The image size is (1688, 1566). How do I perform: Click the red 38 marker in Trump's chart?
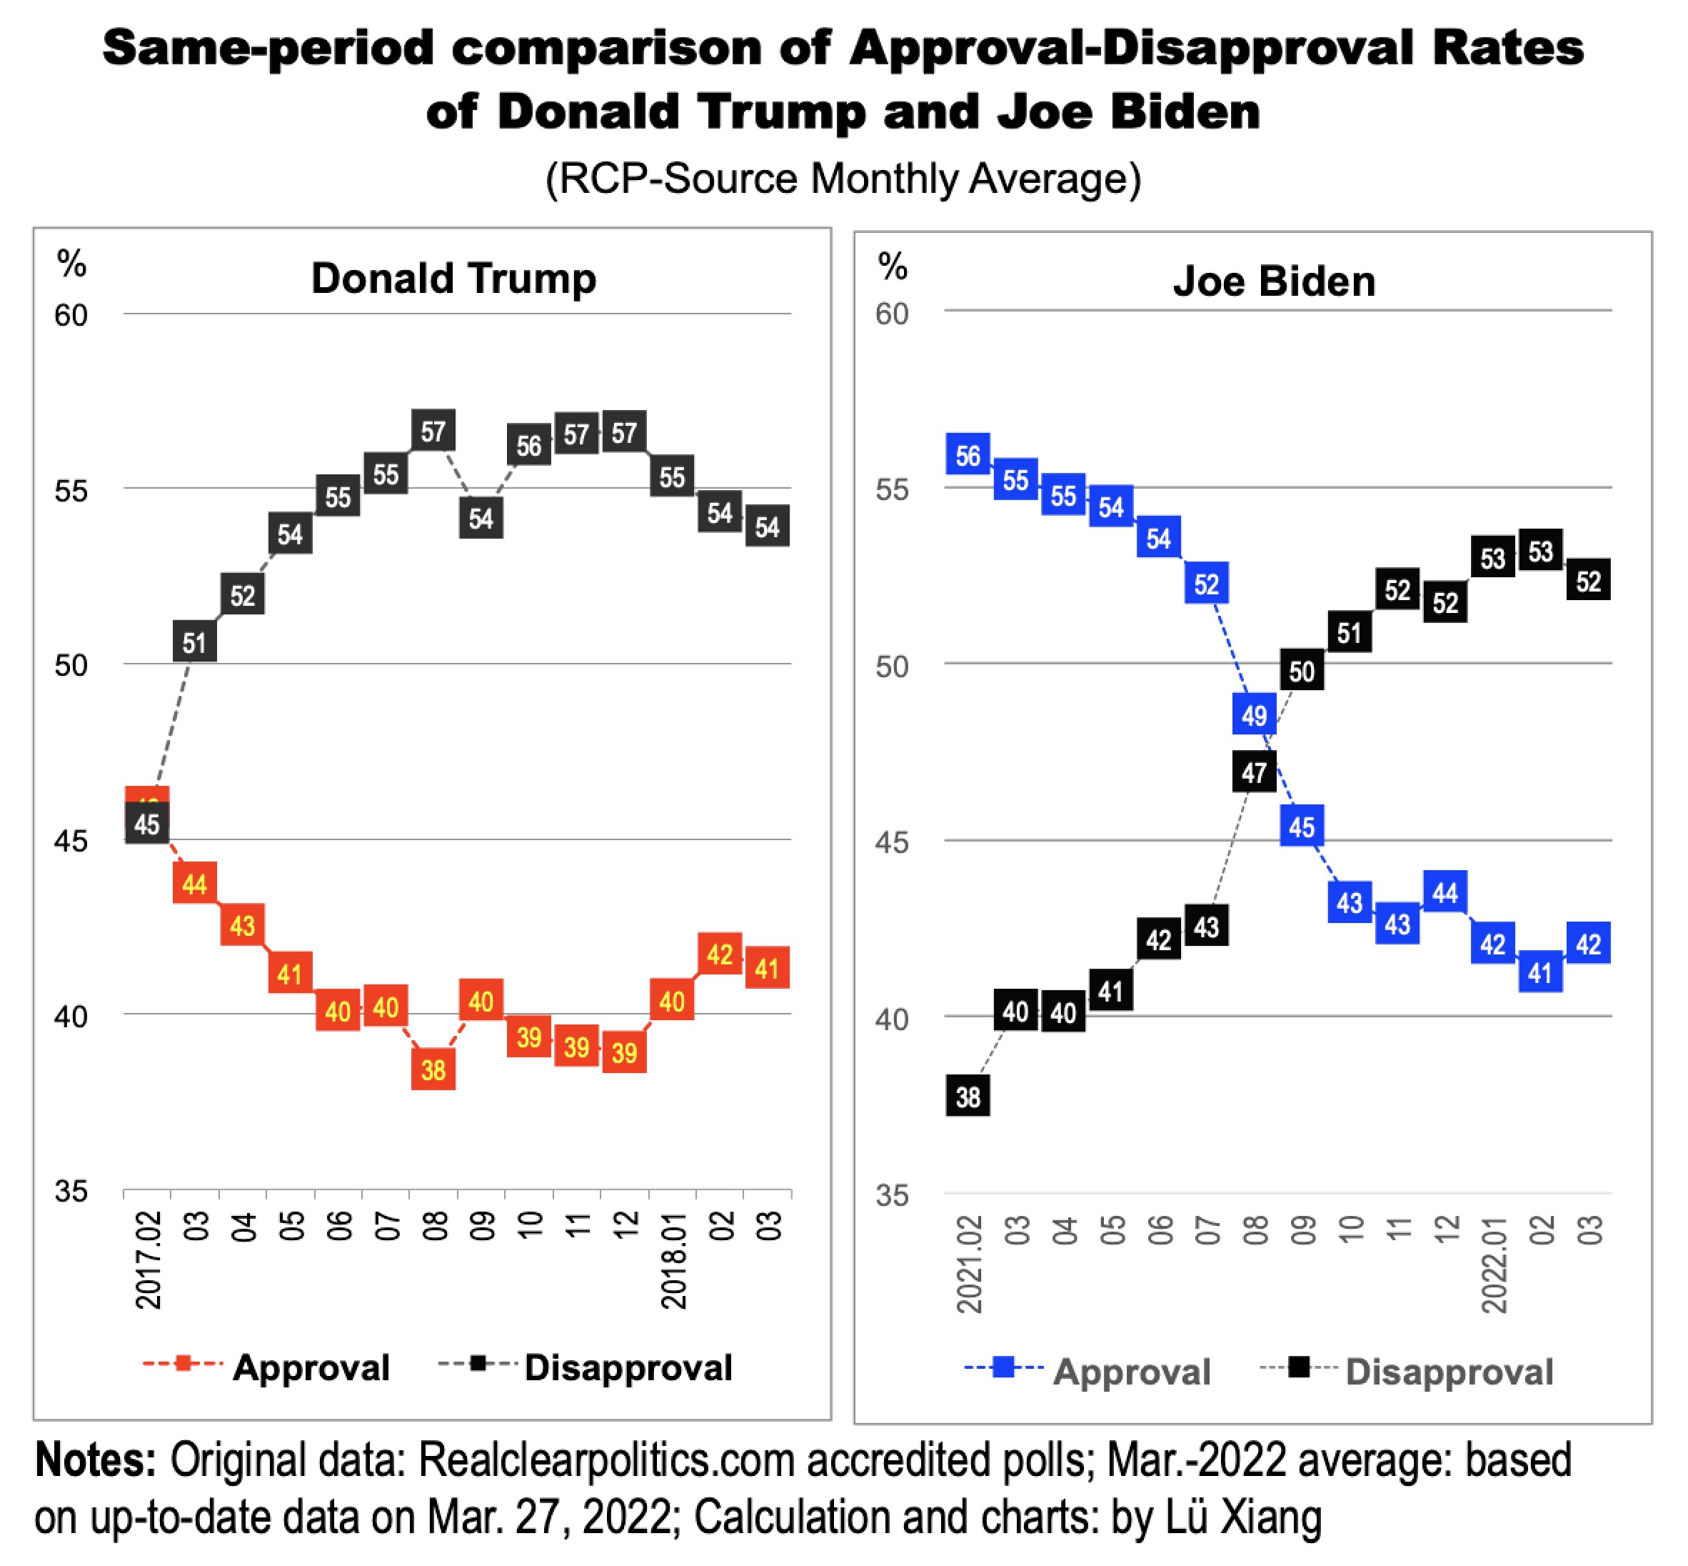pyautogui.click(x=433, y=1069)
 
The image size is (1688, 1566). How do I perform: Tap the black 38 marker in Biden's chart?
pyautogui.click(x=968, y=1097)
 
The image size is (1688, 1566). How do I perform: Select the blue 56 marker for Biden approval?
pyautogui.click(x=968, y=456)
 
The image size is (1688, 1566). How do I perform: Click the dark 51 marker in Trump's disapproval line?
pyautogui.click(x=194, y=642)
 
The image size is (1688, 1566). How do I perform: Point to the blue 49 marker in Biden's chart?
pyautogui.click(x=1254, y=715)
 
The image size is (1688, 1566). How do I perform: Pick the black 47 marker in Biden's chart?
pyautogui.click(x=1254, y=772)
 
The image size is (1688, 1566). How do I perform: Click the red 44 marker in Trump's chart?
pyautogui.click(x=194, y=884)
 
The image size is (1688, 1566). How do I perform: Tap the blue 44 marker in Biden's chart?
pyautogui.click(x=1445, y=892)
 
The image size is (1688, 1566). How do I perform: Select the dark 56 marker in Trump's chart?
pyautogui.click(x=528, y=446)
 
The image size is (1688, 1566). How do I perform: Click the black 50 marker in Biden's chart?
pyautogui.click(x=1302, y=671)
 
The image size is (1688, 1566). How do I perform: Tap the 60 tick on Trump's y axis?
pyautogui.click(x=71, y=315)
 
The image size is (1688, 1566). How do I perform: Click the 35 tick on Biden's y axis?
pyautogui.click(x=892, y=1196)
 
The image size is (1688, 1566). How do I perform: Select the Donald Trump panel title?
pyautogui.click(x=453, y=278)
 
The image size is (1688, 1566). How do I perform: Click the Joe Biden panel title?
pyautogui.click(x=1273, y=281)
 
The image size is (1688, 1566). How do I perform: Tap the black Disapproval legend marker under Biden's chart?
pyautogui.click(x=1298, y=1367)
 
